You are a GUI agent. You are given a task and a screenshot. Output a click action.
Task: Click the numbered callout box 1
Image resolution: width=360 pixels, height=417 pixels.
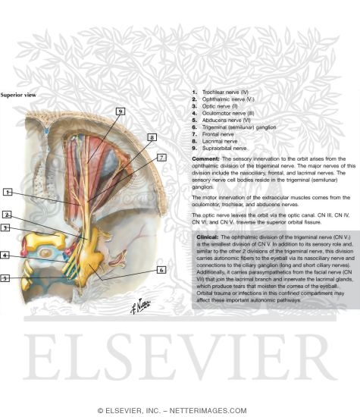click(x=8, y=192)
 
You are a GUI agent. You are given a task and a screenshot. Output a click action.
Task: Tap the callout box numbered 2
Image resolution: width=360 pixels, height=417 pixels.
click(x=7, y=215)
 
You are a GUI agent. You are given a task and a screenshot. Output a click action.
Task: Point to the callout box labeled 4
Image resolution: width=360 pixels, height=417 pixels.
click(x=5, y=256)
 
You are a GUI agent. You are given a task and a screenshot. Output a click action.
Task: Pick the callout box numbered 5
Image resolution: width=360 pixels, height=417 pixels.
click(x=5, y=278)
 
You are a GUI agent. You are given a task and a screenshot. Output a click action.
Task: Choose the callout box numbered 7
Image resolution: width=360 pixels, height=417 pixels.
click(x=161, y=157)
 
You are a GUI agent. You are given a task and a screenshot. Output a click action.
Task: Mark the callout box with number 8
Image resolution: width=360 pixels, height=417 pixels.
click(x=152, y=137)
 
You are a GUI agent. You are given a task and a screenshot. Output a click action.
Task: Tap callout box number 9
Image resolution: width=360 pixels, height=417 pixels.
click(x=120, y=111)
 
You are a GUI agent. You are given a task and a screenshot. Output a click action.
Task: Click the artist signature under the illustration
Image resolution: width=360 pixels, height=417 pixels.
click(x=144, y=305)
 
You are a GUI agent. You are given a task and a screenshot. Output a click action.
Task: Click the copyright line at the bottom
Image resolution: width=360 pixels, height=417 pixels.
click(x=180, y=410)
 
